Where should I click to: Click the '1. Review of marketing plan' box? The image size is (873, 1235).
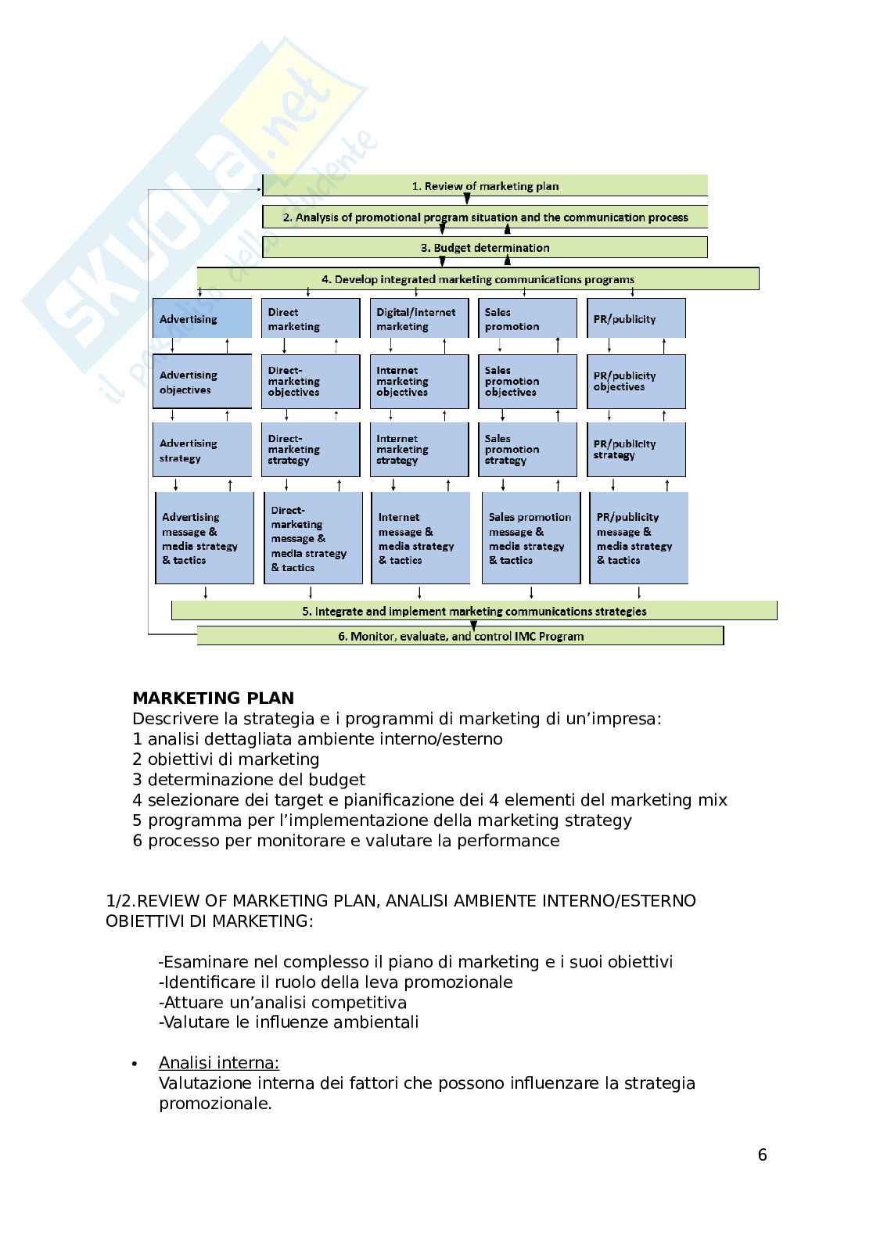click(485, 186)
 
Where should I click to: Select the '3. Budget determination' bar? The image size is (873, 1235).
click(485, 247)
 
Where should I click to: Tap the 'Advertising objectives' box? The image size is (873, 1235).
click(202, 382)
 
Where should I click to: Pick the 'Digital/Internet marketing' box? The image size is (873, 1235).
click(419, 318)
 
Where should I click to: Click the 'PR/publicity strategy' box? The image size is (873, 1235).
click(636, 450)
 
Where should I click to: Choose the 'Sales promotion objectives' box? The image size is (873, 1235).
click(527, 382)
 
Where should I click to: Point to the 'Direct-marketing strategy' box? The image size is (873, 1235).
click(311, 450)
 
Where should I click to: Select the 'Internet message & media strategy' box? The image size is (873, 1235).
click(420, 538)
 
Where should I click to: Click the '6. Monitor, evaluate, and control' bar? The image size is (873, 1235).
click(460, 636)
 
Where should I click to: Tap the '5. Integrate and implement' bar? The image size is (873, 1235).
click(474, 611)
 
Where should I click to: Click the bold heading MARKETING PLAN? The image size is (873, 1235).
click(213, 698)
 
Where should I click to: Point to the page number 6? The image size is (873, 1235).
click(762, 1155)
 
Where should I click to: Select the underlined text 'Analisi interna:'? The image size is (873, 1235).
click(218, 1062)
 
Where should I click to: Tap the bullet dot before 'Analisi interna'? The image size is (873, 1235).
click(135, 1064)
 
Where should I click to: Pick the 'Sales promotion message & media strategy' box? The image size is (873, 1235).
click(530, 538)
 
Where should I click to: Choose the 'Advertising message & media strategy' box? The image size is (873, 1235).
click(205, 538)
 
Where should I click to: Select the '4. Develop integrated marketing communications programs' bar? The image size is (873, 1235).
click(477, 278)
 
